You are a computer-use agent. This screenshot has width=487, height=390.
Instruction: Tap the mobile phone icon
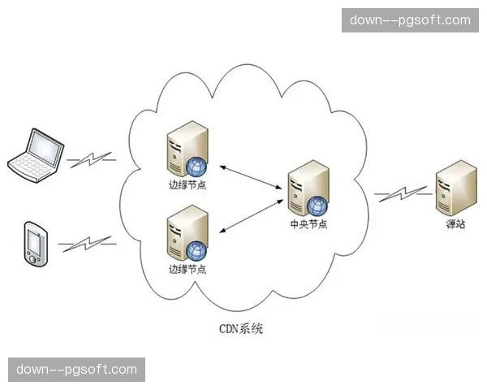tap(35, 241)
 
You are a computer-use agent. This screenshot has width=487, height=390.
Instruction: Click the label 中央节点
tap(308, 225)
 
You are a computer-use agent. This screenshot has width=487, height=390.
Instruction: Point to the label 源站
tap(455, 224)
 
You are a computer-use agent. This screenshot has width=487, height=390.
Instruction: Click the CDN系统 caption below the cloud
tap(242, 329)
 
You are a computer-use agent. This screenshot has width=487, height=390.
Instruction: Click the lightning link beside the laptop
tap(91, 159)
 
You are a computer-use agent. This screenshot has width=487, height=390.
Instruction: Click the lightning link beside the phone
tap(87, 243)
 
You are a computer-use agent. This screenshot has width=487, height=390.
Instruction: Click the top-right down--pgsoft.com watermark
tap(410, 20)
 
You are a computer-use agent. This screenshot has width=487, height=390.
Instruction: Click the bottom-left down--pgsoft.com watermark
tap(77, 370)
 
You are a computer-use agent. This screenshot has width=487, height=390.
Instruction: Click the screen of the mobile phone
tap(35, 240)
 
